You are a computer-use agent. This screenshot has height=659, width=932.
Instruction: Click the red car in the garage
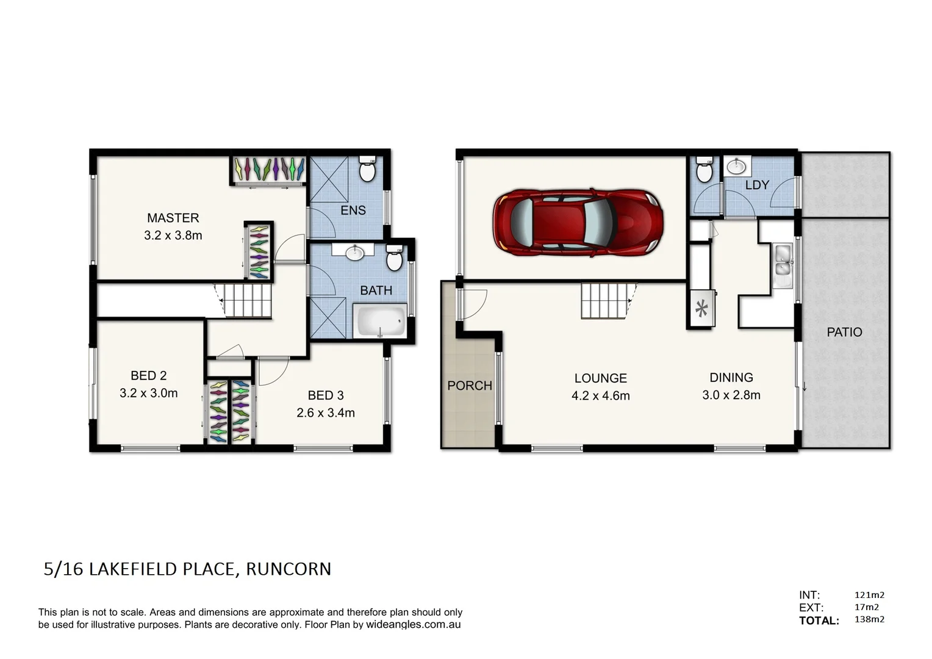pyautogui.click(x=578, y=221)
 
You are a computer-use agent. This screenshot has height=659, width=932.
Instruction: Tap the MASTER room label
pyautogui.click(x=173, y=218)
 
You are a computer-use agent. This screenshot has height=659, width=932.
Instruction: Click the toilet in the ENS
pyautogui.click(x=367, y=170)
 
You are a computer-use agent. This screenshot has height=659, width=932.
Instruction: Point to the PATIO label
pyautogui.click(x=844, y=332)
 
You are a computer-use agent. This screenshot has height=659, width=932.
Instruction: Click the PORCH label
pyautogui.click(x=469, y=386)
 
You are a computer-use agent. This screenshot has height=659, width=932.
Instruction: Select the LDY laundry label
pyautogui.click(x=756, y=185)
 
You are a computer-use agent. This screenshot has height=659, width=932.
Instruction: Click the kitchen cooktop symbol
pyautogui.click(x=701, y=309)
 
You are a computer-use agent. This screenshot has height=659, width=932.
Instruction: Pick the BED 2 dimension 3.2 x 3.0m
pyautogui.click(x=148, y=393)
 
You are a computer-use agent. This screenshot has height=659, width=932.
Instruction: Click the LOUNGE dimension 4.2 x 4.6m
pyautogui.click(x=600, y=395)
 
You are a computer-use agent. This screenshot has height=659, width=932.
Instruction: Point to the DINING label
pyautogui.click(x=731, y=378)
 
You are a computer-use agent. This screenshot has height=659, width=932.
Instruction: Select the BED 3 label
pyautogui.click(x=325, y=395)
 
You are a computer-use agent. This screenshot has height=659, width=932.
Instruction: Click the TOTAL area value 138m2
pyautogui.click(x=869, y=619)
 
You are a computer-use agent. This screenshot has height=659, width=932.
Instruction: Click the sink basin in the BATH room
pyautogui.click(x=354, y=252)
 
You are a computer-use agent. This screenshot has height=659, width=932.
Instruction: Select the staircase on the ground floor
pyautogui.click(x=604, y=301)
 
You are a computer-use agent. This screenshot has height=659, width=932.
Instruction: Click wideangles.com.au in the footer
pyautogui.click(x=413, y=625)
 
